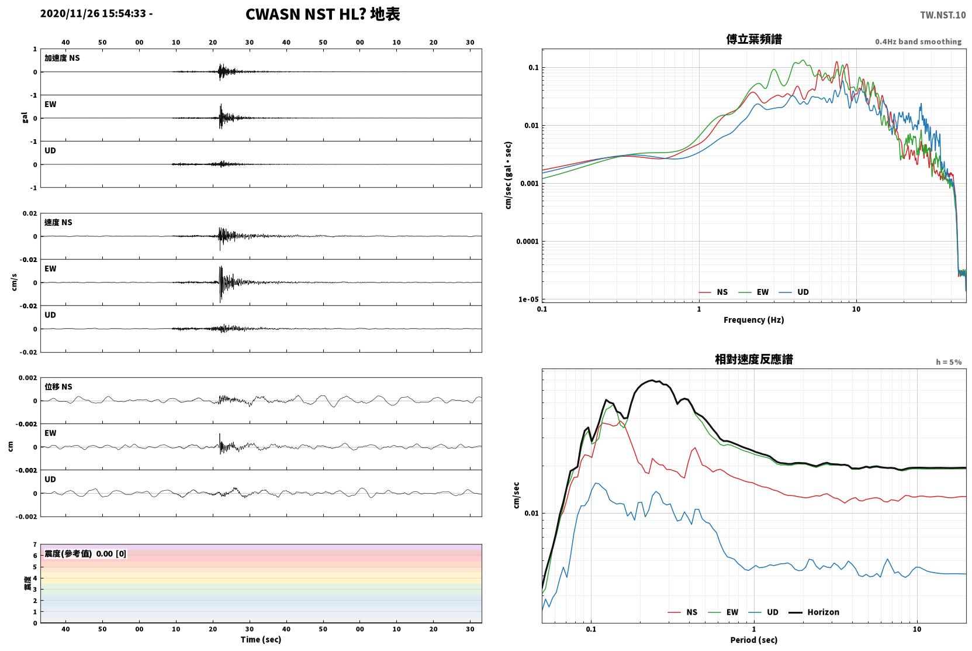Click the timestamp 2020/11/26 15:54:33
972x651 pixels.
point(94,13)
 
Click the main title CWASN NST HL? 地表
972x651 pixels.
point(323,14)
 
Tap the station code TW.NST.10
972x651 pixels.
point(943,15)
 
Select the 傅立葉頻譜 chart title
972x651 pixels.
point(754,39)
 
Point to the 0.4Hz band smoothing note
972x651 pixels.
point(918,42)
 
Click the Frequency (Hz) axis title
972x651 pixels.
point(754,320)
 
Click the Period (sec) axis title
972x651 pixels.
point(754,640)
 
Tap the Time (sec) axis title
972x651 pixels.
point(261,639)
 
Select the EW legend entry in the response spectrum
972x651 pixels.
point(723,612)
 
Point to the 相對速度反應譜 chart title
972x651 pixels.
point(754,359)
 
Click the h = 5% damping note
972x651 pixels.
point(949,361)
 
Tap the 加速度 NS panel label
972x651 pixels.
point(62,58)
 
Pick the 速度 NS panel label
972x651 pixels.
point(58,222)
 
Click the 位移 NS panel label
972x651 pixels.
point(58,387)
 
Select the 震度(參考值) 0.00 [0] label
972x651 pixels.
point(85,554)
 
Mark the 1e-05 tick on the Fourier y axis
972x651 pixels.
point(528,299)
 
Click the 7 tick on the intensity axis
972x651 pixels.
point(35,545)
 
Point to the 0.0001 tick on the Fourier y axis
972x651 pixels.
point(527,242)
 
